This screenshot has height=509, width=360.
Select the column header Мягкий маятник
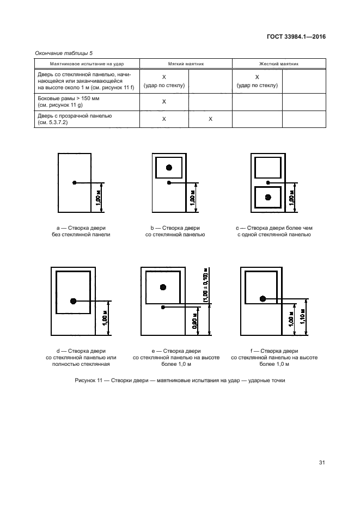[186, 64]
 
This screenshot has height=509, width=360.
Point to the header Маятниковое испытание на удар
[80, 64]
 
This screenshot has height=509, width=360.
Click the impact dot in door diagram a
[75, 182]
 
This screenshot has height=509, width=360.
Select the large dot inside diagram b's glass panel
[169, 167]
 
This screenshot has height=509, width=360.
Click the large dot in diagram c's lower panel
[267, 197]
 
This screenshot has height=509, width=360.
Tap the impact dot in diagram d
[73, 301]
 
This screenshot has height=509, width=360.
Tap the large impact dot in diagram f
[263, 298]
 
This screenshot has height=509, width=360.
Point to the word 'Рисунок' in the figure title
[86, 381]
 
